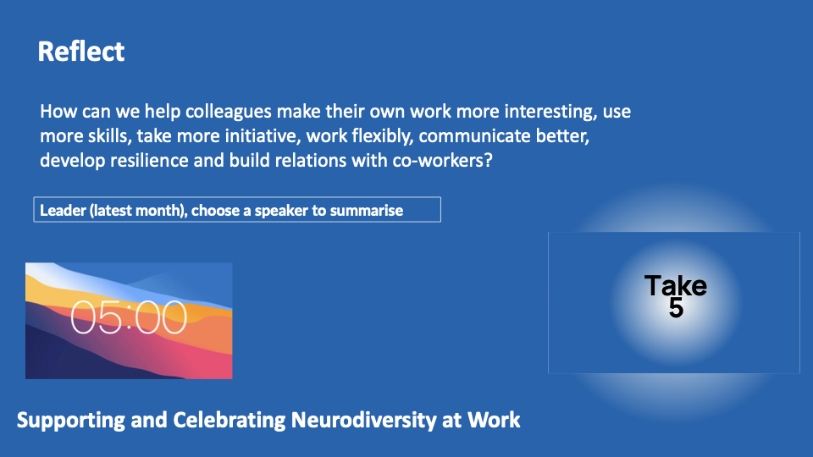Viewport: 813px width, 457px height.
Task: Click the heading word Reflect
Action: click(x=81, y=52)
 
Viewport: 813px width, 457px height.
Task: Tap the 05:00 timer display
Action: click(x=129, y=317)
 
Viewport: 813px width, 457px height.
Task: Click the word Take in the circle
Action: click(x=676, y=285)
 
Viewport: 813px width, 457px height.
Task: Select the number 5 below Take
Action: click(x=676, y=308)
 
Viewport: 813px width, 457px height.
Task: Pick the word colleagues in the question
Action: click(x=229, y=112)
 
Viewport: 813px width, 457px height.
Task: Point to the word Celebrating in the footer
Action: click(x=229, y=420)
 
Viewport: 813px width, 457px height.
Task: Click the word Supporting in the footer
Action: click(x=71, y=420)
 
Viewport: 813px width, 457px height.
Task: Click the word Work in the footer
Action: click(x=494, y=420)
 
